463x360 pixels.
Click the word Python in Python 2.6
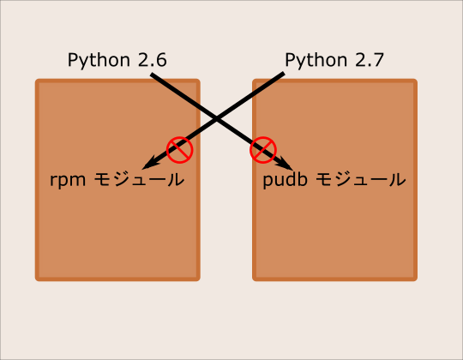(x=99, y=61)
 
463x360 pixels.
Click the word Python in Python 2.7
(x=316, y=61)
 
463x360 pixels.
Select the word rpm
(x=68, y=180)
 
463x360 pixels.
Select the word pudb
(x=285, y=179)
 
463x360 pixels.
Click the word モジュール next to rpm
(x=139, y=179)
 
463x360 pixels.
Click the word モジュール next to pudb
(x=360, y=179)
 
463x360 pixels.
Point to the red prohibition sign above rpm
(x=179, y=150)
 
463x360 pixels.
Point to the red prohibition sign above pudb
(x=263, y=150)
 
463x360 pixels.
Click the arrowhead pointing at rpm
(x=151, y=164)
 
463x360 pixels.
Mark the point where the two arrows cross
(x=216, y=119)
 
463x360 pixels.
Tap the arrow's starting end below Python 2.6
(x=152, y=75)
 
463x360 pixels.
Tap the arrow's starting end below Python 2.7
(x=284, y=73)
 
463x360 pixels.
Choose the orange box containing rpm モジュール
(x=117, y=180)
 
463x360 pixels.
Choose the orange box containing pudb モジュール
(x=335, y=180)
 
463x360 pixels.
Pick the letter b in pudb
(x=303, y=179)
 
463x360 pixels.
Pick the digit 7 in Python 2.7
(x=379, y=60)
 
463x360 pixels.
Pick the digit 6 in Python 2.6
(x=161, y=60)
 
